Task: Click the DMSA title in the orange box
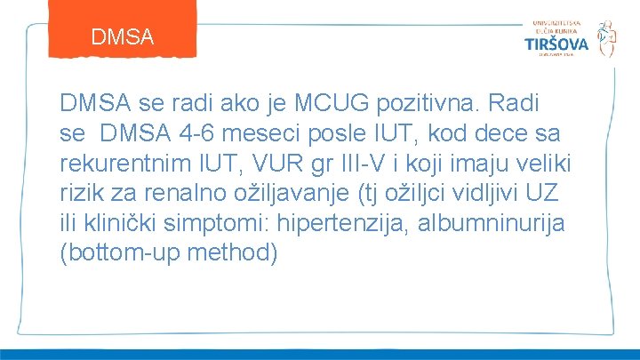coord(123,37)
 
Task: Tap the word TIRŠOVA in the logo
coord(556,44)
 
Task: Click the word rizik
coord(83,195)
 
